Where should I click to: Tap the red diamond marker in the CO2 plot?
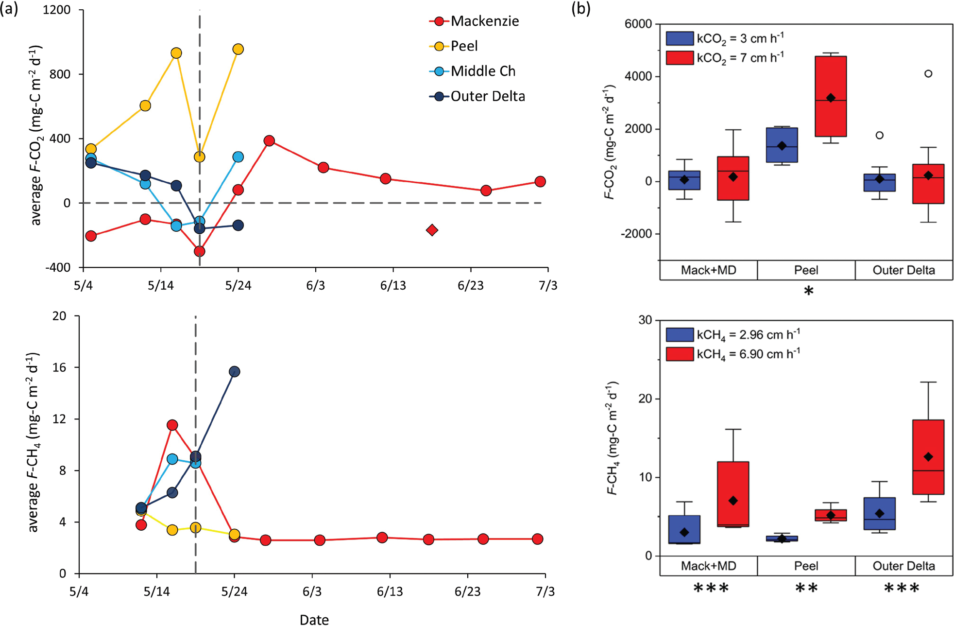(x=432, y=230)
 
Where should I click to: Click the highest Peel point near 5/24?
(x=238, y=49)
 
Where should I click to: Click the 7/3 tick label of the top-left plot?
(x=548, y=285)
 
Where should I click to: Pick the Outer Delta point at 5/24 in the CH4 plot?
(x=235, y=372)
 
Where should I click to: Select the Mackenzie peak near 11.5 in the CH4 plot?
(x=172, y=425)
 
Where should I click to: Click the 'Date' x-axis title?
(x=314, y=619)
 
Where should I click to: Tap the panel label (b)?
(x=580, y=9)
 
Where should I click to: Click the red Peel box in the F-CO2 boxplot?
(x=831, y=96)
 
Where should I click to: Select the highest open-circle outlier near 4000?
(x=928, y=74)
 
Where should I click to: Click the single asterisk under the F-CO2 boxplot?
(x=808, y=291)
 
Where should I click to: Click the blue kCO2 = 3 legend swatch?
(x=679, y=38)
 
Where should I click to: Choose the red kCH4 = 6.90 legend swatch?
(x=679, y=354)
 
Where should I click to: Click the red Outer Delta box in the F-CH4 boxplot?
(x=928, y=457)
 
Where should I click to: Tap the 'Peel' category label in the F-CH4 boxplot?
(x=806, y=566)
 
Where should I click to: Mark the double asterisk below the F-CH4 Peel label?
(x=806, y=588)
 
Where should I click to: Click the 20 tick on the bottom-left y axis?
(x=59, y=316)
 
